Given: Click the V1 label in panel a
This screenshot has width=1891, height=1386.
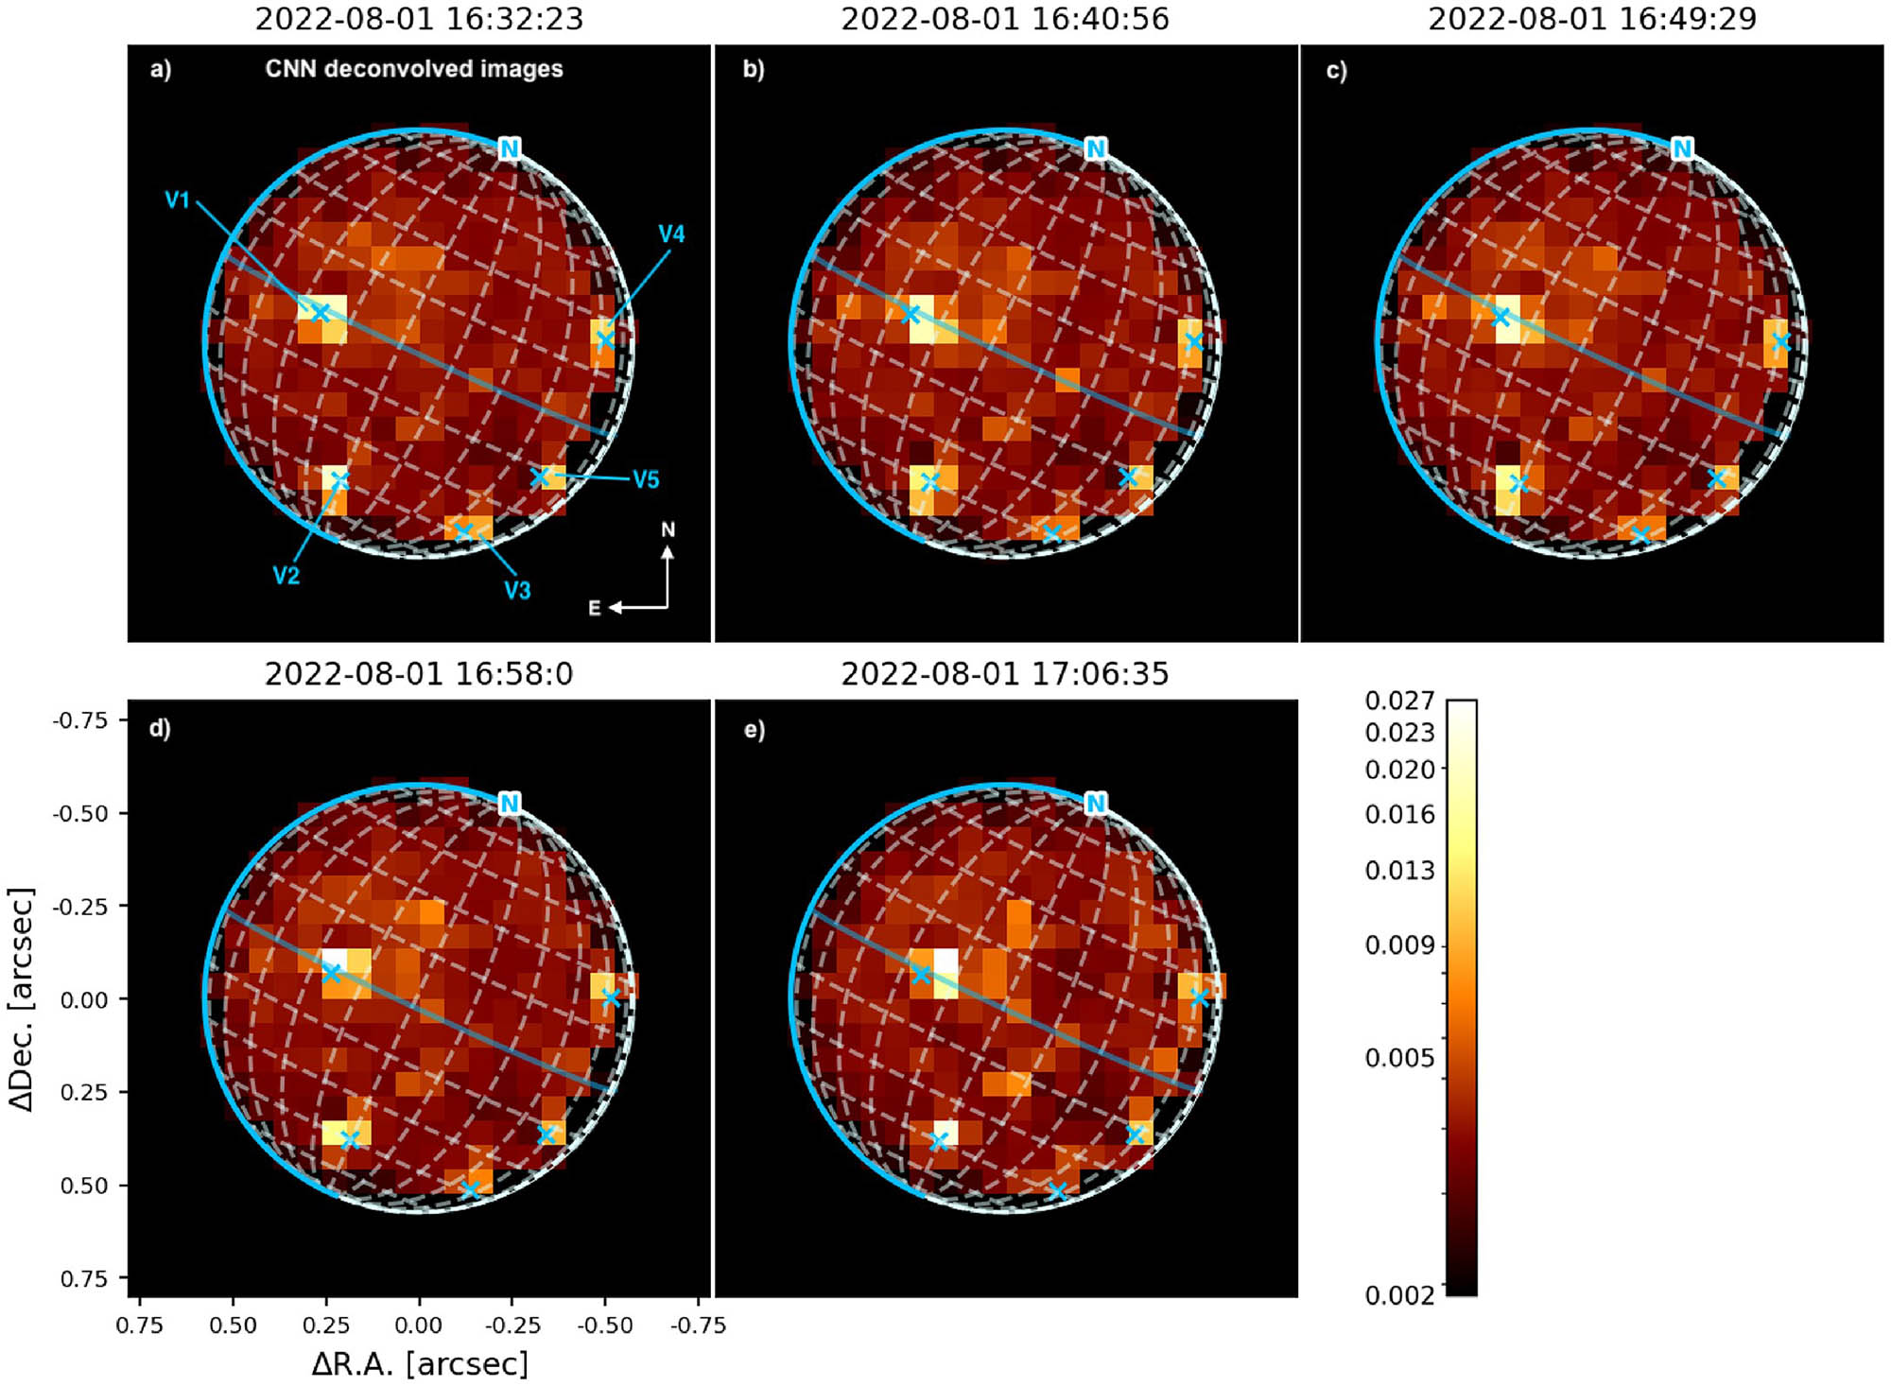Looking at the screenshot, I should click(178, 199).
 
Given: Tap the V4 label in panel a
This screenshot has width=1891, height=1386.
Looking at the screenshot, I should click(671, 234).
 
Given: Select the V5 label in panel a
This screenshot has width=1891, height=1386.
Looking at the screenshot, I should click(646, 479).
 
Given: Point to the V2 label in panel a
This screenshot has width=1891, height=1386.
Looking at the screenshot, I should click(286, 576).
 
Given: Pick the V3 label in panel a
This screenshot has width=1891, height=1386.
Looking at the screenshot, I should click(517, 591).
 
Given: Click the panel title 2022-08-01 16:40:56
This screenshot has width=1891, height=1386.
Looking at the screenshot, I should click(1005, 19).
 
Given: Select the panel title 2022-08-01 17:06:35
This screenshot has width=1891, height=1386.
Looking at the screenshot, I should click(1005, 674).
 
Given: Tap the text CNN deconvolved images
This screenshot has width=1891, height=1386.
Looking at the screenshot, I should click(414, 69).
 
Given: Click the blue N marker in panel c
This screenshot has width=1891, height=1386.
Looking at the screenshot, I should click(1681, 148).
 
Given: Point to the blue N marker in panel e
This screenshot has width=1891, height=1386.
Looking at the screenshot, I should click(1095, 804).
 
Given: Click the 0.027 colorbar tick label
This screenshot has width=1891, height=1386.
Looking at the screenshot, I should click(1399, 701).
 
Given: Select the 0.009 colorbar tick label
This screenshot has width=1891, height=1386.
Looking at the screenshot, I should click(1399, 944).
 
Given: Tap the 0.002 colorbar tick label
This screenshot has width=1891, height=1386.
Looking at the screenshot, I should click(1399, 1295).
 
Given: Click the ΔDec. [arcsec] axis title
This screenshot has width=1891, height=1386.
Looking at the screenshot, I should click(21, 998).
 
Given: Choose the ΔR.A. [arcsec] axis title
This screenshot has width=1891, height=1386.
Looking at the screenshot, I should click(420, 1363).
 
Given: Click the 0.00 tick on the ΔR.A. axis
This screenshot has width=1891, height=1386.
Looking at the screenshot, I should click(419, 1325).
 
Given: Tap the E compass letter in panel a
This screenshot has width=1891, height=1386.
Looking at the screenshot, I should click(595, 608).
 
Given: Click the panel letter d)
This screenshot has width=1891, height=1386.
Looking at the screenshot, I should click(160, 729).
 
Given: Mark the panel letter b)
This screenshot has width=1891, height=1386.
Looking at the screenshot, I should click(754, 69).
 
